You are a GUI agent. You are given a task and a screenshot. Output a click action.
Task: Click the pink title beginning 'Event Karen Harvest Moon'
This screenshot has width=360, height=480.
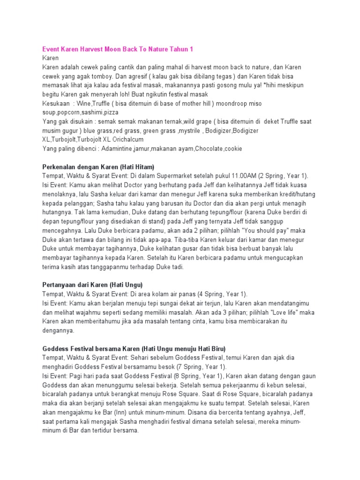(x=117, y=49)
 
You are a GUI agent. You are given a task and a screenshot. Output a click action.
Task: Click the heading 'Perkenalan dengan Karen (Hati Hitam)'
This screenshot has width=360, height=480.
(x=98, y=166)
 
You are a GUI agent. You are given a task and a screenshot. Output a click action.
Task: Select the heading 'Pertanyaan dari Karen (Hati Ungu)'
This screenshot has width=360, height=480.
(x=93, y=284)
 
